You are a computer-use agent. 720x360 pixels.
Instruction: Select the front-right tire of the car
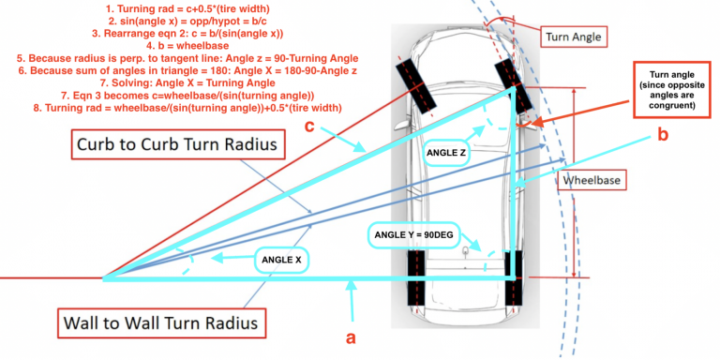pyautogui.click(x=506, y=76)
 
